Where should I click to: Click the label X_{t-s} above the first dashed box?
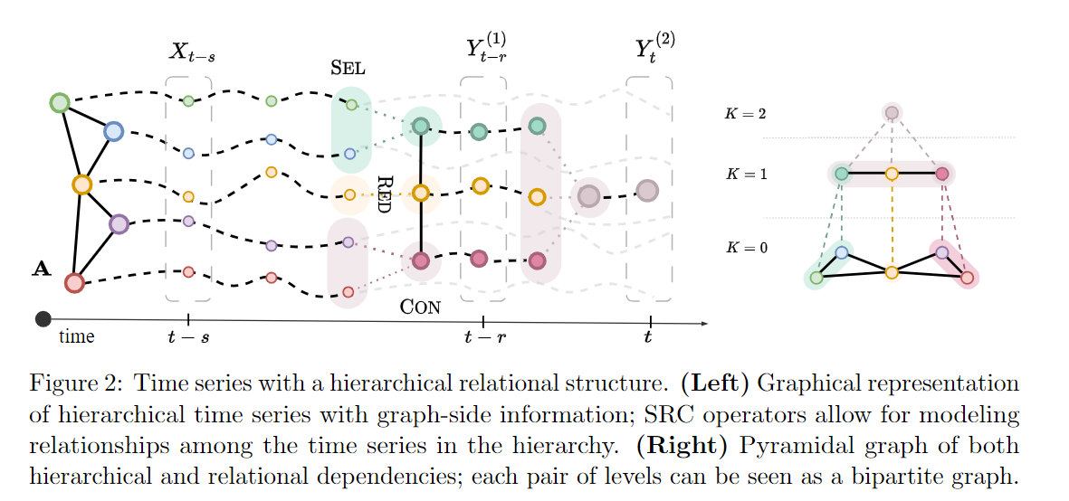[x=191, y=52]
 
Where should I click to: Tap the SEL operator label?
[x=348, y=68]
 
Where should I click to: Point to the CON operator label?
[x=420, y=307]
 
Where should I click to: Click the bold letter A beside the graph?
[x=41, y=268]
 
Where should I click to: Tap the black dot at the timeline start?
[x=43, y=318]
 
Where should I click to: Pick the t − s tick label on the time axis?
[x=188, y=337]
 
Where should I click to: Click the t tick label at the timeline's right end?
[x=648, y=337]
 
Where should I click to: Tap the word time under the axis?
[x=76, y=337]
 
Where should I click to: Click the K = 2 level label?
[x=745, y=114]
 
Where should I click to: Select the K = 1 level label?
[x=745, y=173]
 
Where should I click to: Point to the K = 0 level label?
[x=745, y=246]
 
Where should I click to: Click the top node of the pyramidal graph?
[x=892, y=113]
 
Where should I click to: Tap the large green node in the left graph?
[x=60, y=102]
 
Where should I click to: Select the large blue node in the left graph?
[x=113, y=132]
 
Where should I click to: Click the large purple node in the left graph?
[x=119, y=223]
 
